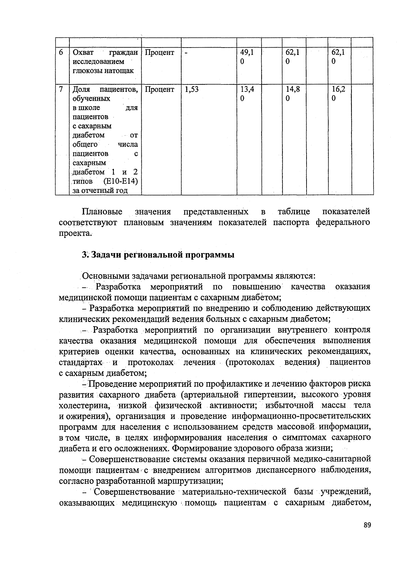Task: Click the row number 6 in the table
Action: (x=61, y=53)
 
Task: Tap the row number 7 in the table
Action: (x=61, y=90)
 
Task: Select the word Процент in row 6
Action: (x=160, y=53)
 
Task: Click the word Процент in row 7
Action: (x=160, y=90)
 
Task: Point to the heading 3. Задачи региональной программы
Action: (x=158, y=255)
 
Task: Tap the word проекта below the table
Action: (x=74, y=233)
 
